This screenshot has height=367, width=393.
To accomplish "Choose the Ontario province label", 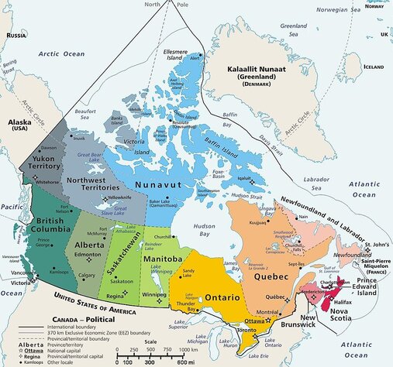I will point(226,297).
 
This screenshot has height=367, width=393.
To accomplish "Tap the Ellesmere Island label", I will point(178,55).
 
